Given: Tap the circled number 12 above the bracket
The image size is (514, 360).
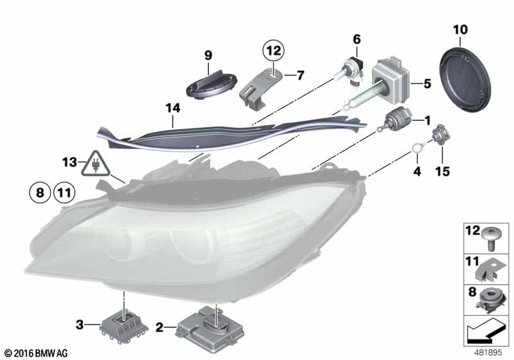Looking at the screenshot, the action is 274,51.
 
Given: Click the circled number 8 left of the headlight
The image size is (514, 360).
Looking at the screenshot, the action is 40,192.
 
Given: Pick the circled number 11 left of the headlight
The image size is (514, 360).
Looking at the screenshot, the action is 64,192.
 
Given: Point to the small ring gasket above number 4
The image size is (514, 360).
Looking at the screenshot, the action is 417,148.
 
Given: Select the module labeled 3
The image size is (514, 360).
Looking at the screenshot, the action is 124,325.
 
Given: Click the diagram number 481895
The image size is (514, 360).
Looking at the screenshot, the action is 488,353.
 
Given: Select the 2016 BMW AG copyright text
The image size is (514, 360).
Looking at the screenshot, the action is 37,353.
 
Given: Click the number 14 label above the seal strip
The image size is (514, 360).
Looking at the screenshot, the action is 173,108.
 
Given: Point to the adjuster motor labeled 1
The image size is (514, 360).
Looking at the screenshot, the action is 395,120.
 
